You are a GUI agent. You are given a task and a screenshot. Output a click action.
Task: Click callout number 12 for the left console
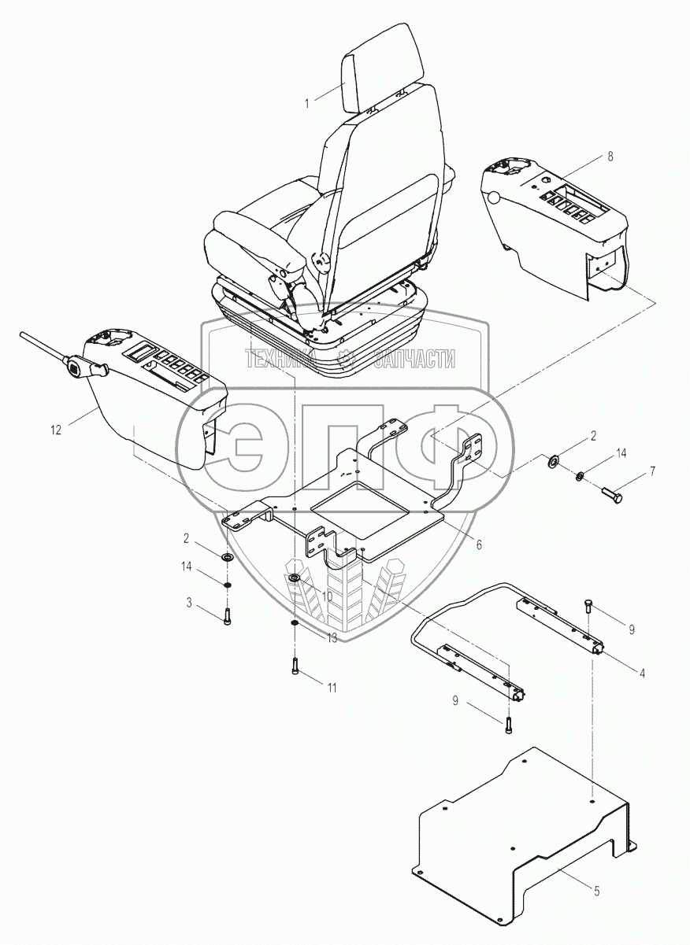55,430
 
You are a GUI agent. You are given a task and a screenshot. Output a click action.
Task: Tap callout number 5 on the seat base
596,891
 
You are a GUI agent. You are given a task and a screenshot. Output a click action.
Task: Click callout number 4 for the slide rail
642,673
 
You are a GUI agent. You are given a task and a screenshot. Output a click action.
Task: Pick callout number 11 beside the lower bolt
332,688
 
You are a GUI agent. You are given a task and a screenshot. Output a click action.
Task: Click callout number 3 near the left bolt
189,603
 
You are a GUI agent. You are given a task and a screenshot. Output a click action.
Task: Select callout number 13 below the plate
332,637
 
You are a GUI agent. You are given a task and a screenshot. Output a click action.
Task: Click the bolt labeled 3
228,617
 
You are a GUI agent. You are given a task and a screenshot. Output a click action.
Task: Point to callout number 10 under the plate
327,596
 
